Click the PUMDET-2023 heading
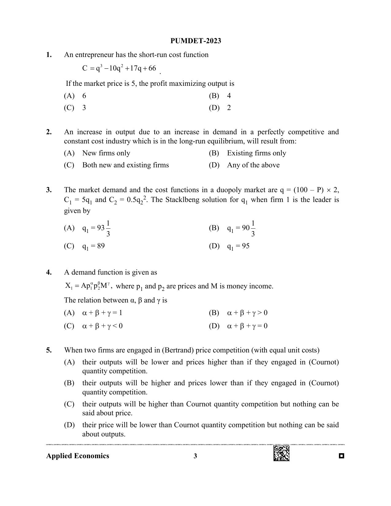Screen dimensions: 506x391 pyautogui.click(x=196, y=41)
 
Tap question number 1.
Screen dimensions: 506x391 pyautogui.click(x=49, y=55)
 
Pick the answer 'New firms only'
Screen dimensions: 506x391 pyautogui.click(x=106, y=153)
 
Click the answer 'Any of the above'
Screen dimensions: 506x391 pyautogui.click(x=253, y=165)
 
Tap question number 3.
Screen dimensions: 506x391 pyautogui.click(x=49, y=190)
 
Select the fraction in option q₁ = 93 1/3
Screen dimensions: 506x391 pyautogui.click(x=108, y=228)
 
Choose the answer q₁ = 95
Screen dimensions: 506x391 pyautogui.click(x=238, y=246)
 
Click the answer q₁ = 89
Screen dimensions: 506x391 pyautogui.click(x=94, y=246)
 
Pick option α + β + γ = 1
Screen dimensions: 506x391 pyautogui.click(x=102, y=313)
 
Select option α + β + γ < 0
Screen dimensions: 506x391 pyautogui.click(x=102, y=326)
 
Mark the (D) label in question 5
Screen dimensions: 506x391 pyautogui.click(x=69, y=425)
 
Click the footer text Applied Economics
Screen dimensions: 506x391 pyautogui.click(x=78, y=456)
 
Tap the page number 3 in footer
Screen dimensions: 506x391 pyautogui.click(x=195, y=456)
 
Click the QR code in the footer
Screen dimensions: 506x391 pyautogui.click(x=282, y=453)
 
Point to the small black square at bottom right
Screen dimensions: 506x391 pyautogui.click(x=342, y=456)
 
